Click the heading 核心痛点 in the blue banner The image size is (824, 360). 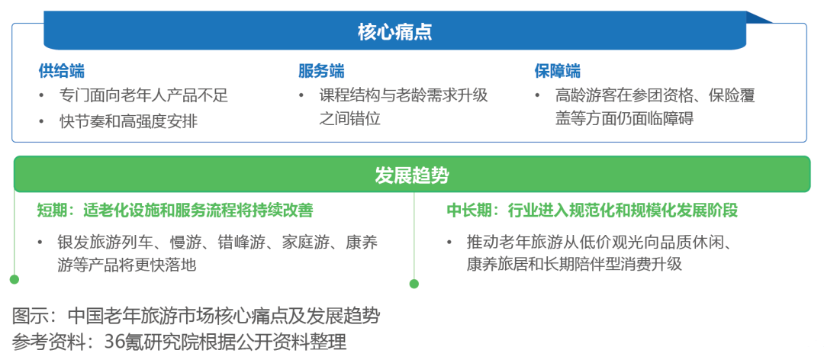(395, 32)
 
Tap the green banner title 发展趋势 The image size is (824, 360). (412, 175)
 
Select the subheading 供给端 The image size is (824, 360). (62, 71)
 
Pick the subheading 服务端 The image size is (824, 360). (322, 71)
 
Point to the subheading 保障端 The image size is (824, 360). (558, 71)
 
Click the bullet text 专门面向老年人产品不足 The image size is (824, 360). (144, 95)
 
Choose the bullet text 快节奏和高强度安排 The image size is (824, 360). (129, 121)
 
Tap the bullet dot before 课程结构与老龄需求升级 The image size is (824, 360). (301, 95)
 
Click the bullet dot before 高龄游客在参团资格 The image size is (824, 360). (537, 95)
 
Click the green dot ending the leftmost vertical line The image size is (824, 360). (14, 279)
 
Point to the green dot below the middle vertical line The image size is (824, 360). (414, 284)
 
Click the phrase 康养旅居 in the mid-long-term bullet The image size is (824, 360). (497, 264)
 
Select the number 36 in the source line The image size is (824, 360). (114, 342)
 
